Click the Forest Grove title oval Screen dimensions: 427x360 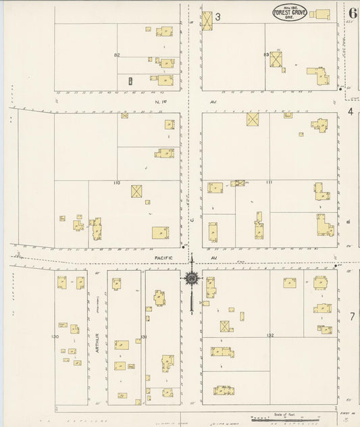[x=289, y=13]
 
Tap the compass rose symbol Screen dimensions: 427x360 [x=192, y=278]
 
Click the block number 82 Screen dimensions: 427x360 [x=117, y=55]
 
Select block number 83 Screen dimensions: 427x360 [x=266, y=54]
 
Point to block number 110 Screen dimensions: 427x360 [x=117, y=183]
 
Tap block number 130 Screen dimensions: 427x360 [x=55, y=336]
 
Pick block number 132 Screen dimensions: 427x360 [x=270, y=336]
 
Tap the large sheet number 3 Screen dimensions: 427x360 [x=217, y=16]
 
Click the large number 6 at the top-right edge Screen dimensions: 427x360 [x=353, y=13]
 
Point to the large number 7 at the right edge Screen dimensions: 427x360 [x=352, y=317]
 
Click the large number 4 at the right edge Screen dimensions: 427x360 [x=351, y=111]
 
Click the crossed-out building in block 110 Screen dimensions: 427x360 [x=136, y=191]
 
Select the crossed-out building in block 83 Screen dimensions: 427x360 [x=276, y=59]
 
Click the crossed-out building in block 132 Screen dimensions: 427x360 [x=225, y=326]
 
